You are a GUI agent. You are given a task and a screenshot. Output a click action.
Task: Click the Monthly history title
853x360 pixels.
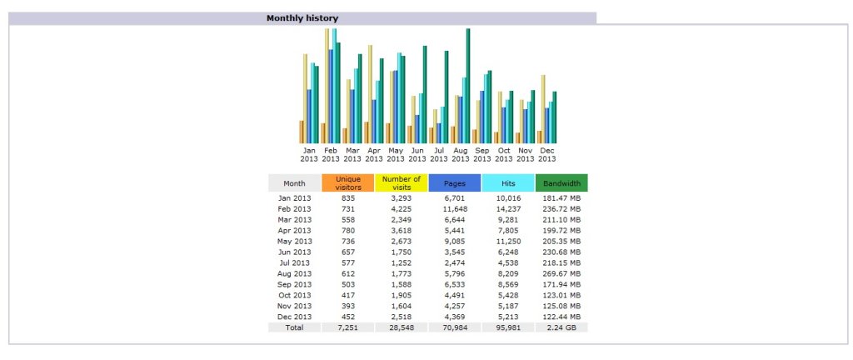point(302,17)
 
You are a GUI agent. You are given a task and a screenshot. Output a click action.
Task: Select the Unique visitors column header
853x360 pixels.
point(347,183)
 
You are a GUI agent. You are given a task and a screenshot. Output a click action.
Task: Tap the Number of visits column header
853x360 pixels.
point(401,183)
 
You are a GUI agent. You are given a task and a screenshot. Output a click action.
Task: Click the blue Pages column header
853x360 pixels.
point(454,183)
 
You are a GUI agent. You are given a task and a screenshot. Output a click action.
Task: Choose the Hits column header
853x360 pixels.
point(507,183)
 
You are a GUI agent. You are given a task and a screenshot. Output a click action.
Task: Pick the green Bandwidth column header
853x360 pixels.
point(561,183)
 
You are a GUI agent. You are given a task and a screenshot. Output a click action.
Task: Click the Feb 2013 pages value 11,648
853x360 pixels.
point(454,208)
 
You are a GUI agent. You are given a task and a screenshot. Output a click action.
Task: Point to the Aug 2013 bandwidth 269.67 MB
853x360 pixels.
point(561,273)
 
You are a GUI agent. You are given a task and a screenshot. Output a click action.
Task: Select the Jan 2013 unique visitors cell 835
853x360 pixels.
point(347,197)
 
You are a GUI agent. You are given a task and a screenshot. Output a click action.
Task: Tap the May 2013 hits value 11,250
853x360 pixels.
point(507,241)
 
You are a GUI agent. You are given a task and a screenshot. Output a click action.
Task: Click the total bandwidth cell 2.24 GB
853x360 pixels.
point(561,327)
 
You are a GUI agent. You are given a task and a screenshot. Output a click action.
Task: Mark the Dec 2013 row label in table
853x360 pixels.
point(294,317)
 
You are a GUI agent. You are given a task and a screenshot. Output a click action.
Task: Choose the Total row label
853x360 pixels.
point(294,327)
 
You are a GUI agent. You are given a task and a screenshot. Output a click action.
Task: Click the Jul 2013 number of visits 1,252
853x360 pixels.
point(401,262)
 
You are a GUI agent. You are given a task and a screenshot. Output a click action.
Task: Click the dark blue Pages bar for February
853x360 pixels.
point(331,96)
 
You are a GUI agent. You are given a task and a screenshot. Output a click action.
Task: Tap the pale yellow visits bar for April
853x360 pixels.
point(370,93)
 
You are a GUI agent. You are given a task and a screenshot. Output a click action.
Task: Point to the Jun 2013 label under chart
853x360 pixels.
point(417,154)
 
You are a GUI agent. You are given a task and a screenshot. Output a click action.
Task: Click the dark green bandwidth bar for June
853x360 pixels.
point(425,94)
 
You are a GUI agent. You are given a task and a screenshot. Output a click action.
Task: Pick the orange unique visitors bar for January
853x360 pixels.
point(302,132)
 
